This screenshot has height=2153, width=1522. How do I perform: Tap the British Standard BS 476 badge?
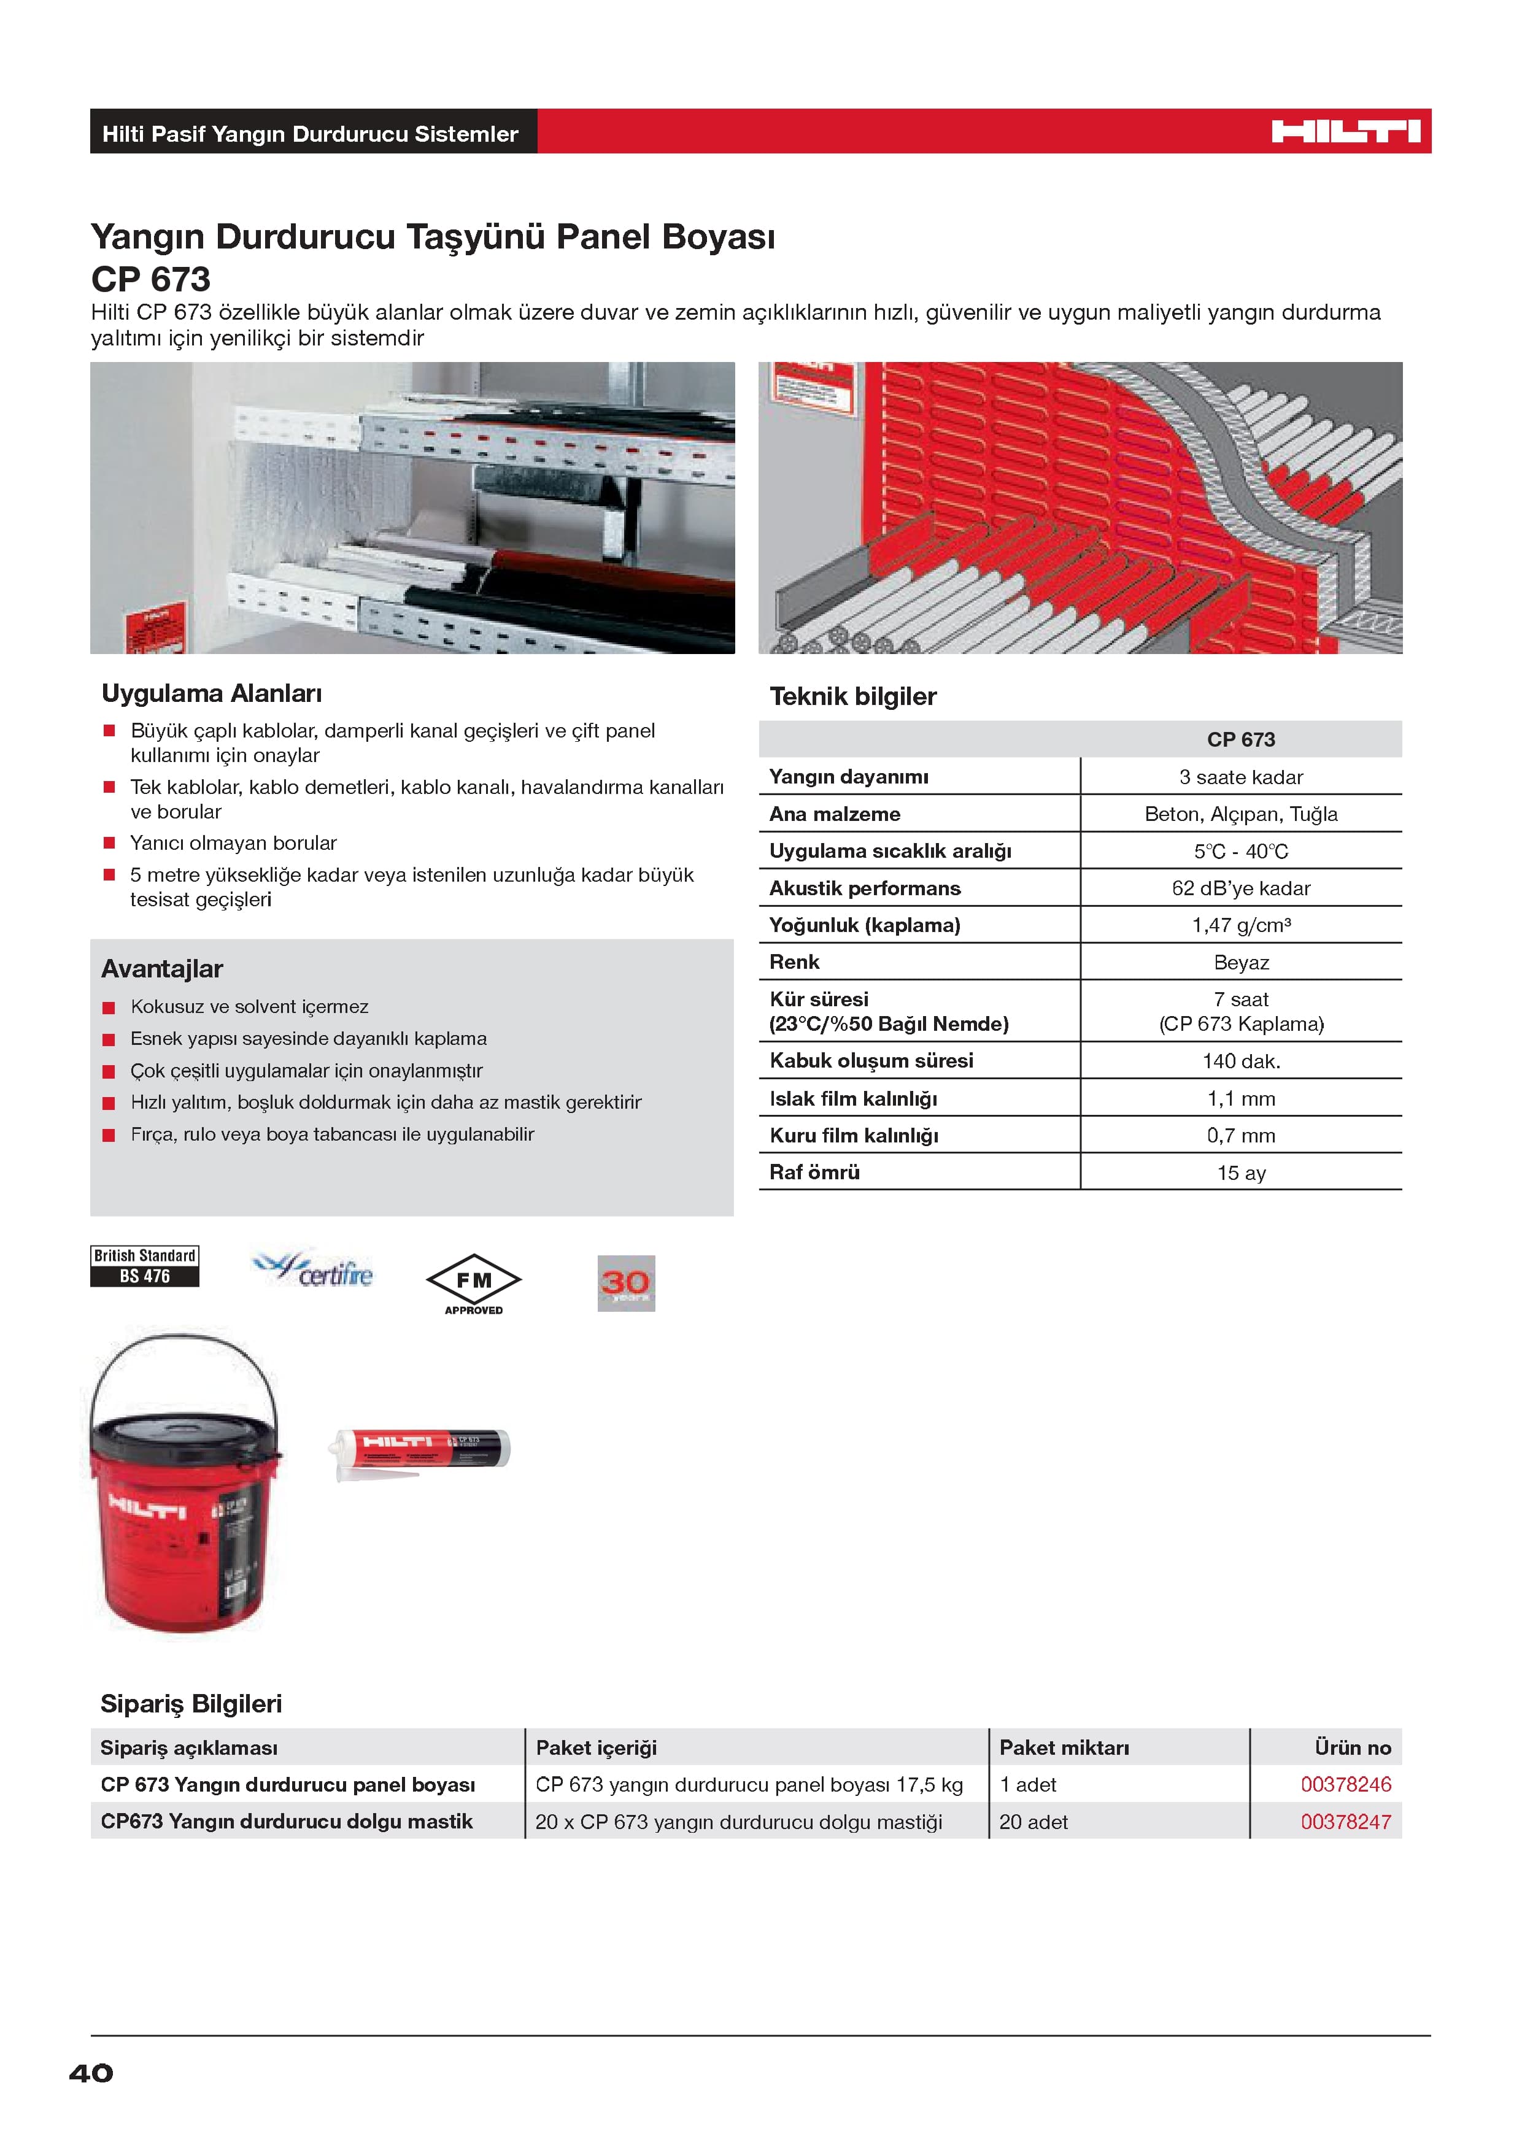(144, 1266)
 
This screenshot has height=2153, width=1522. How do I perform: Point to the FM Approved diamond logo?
(474, 1282)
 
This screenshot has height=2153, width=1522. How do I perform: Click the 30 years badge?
(625, 1283)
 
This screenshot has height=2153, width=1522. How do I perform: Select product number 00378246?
(1345, 1784)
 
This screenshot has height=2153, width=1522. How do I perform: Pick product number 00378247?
(1345, 1822)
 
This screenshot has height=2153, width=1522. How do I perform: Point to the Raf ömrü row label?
(814, 1172)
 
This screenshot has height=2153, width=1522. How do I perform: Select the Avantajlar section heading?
(162, 969)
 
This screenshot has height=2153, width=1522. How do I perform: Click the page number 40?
(91, 2073)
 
